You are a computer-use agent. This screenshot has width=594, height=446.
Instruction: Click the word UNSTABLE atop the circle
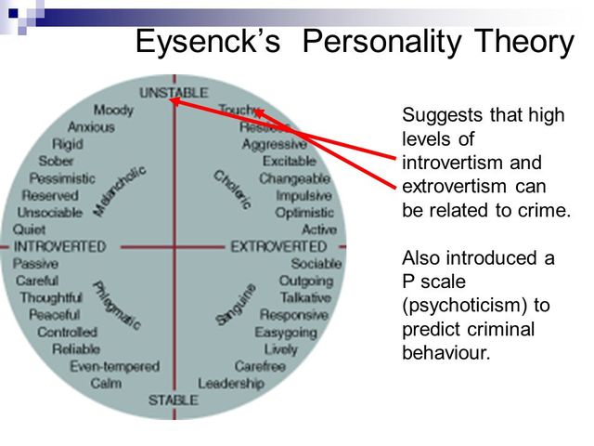(x=174, y=93)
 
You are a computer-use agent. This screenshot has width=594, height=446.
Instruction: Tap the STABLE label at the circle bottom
(x=174, y=400)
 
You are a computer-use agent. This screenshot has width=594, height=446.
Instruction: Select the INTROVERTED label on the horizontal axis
(x=58, y=246)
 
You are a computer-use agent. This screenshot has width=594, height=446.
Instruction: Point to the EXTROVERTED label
(x=278, y=246)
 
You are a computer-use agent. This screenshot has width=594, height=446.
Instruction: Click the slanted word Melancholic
(x=120, y=190)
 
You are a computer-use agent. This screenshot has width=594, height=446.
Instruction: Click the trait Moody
(x=113, y=110)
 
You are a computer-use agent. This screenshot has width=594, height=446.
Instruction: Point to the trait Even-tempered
(x=115, y=366)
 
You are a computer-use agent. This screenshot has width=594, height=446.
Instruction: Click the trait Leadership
(x=230, y=383)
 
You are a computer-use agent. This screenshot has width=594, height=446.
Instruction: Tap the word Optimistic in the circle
(x=305, y=212)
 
